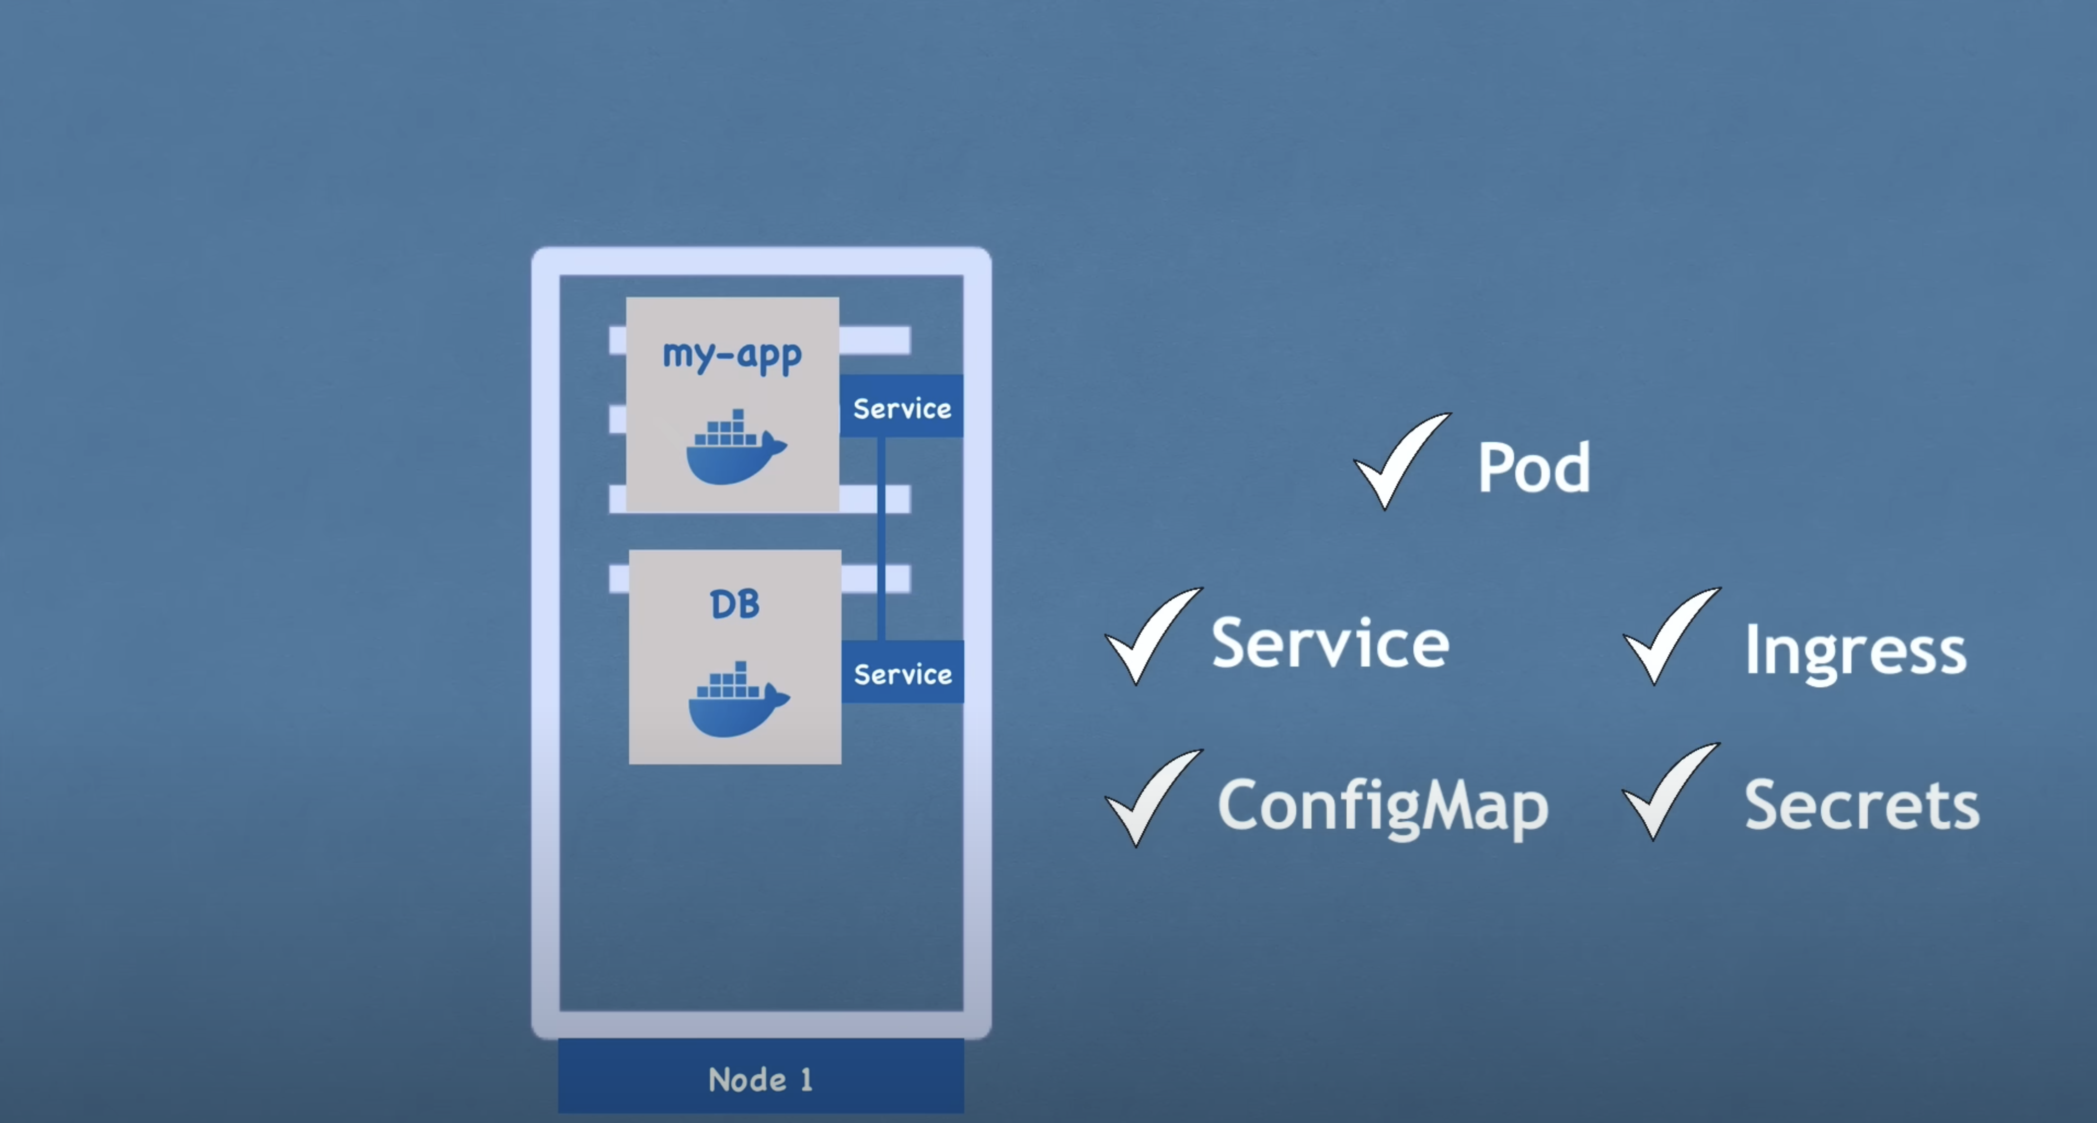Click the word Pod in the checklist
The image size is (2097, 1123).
(x=1533, y=467)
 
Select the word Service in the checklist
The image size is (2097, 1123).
(x=1330, y=643)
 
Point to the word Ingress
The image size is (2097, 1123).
(x=1855, y=649)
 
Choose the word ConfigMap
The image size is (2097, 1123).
(x=1382, y=805)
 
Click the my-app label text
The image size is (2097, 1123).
(x=732, y=355)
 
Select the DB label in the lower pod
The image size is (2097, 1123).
(x=734, y=604)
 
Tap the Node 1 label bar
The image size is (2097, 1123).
(x=760, y=1079)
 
